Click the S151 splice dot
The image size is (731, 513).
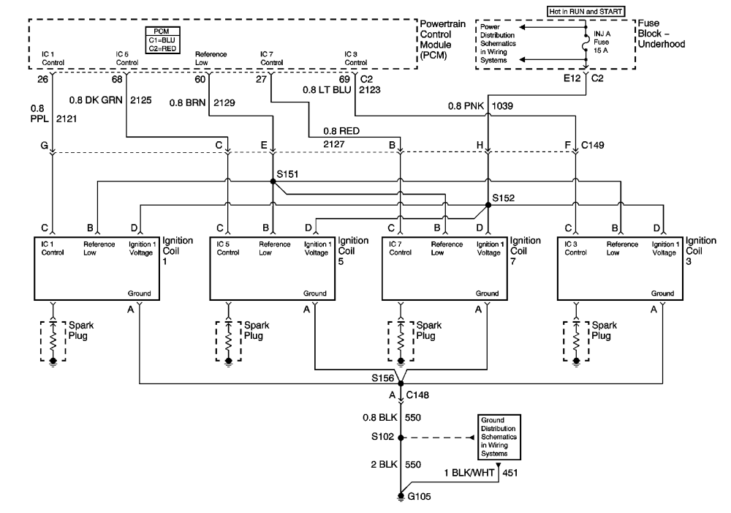tap(273, 181)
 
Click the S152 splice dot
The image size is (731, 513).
tap(488, 205)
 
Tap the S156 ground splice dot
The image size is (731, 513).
tap(401, 383)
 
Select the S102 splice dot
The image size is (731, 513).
tap(401, 438)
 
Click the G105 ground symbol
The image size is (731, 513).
tap(401, 497)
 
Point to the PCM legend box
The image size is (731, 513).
tap(162, 40)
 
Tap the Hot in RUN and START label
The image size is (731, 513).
tap(586, 11)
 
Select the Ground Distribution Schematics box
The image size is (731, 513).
tap(499, 437)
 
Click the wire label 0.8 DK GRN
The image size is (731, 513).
tap(96, 100)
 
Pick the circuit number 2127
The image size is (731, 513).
tap(334, 144)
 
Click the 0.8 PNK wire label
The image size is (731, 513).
tap(466, 106)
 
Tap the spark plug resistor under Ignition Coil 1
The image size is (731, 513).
tap(53, 340)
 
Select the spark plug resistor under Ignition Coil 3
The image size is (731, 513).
tap(576, 340)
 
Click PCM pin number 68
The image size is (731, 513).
tap(117, 79)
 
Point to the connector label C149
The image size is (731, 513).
tap(593, 145)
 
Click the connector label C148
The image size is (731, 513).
tap(417, 395)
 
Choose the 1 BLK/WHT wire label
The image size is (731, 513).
tap(469, 473)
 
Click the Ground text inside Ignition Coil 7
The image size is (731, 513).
tap(487, 293)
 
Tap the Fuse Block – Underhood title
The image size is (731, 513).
tap(661, 34)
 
